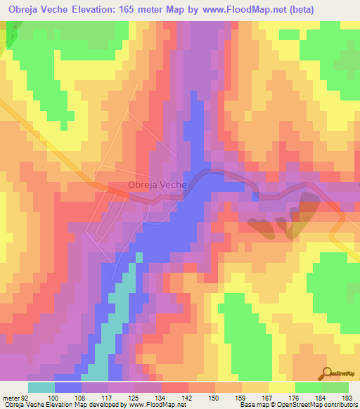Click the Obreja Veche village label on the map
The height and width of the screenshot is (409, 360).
pyautogui.click(x=157, y=185)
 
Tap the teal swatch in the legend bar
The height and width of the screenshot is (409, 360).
pyautogui.click(x=41, y=387)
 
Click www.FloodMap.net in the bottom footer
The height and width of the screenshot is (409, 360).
pyautogui.click(x=152, y=405)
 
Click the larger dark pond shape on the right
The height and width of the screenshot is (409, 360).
pyautogui.click(x=308, y=204)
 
